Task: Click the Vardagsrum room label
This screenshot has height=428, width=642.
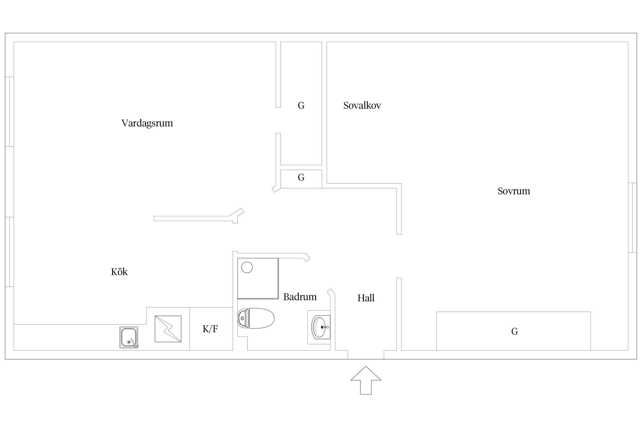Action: point(147,123)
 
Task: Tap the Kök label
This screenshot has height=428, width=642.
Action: point(119,272)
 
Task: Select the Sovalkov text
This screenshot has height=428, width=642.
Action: point(362,106)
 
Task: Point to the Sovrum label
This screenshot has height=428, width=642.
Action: point(514,191)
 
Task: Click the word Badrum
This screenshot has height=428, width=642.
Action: point(300,297)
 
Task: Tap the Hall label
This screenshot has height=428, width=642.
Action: point(366,298)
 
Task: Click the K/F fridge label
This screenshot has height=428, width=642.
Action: point(210,329)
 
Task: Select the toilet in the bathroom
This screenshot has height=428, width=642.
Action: point(256,318)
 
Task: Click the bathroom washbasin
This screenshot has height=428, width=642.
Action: point(321,327)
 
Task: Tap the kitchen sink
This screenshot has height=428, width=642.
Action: point(129,337)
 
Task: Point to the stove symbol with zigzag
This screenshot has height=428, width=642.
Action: point(168,329)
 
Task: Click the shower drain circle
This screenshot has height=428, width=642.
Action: point(247,267)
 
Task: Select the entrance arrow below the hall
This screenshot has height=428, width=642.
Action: point(366,380)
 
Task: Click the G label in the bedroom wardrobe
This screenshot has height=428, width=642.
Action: point(514,331)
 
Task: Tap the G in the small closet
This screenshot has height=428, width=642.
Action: point(301,177)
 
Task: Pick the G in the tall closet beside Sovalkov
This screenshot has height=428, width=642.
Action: point(301,106)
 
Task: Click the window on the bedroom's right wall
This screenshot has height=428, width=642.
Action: point(633,218)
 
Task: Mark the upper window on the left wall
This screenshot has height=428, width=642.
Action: point(9,112)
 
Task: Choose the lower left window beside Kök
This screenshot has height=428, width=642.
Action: point(9,252)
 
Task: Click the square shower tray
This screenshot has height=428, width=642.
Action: point(258,278)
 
